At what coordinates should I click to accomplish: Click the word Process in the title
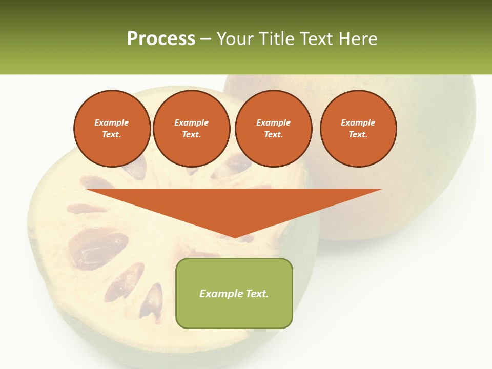tap(161, 39)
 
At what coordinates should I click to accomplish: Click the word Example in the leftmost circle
tap(112, 122)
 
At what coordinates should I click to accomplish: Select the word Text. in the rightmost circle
tap(358, 134)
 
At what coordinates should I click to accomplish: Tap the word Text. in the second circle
tap(192, 134)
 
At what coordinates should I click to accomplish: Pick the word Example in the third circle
tap(274, 122)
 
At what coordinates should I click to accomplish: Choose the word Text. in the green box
tap(257, 294)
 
